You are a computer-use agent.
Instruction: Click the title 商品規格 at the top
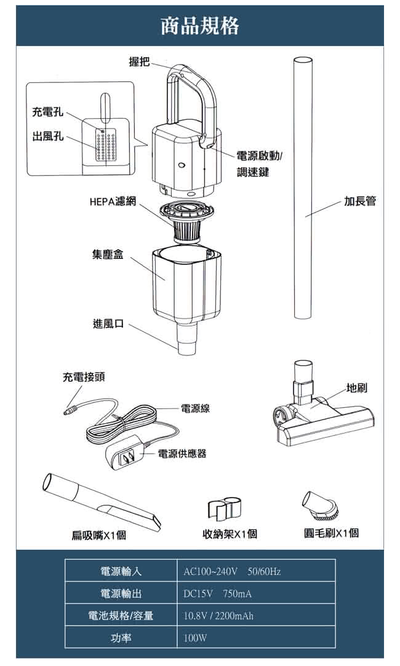click(199, 26)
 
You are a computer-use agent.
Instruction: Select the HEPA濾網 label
click(113, 201)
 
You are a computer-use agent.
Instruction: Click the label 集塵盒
click(108, 254)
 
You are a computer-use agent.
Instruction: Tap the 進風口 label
click(108, 323)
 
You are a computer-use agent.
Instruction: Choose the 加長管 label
click(360, 201)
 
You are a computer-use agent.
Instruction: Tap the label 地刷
click(357, 388)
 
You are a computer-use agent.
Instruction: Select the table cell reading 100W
click(195, 639)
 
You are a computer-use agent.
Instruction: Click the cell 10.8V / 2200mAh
click(218, 616)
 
